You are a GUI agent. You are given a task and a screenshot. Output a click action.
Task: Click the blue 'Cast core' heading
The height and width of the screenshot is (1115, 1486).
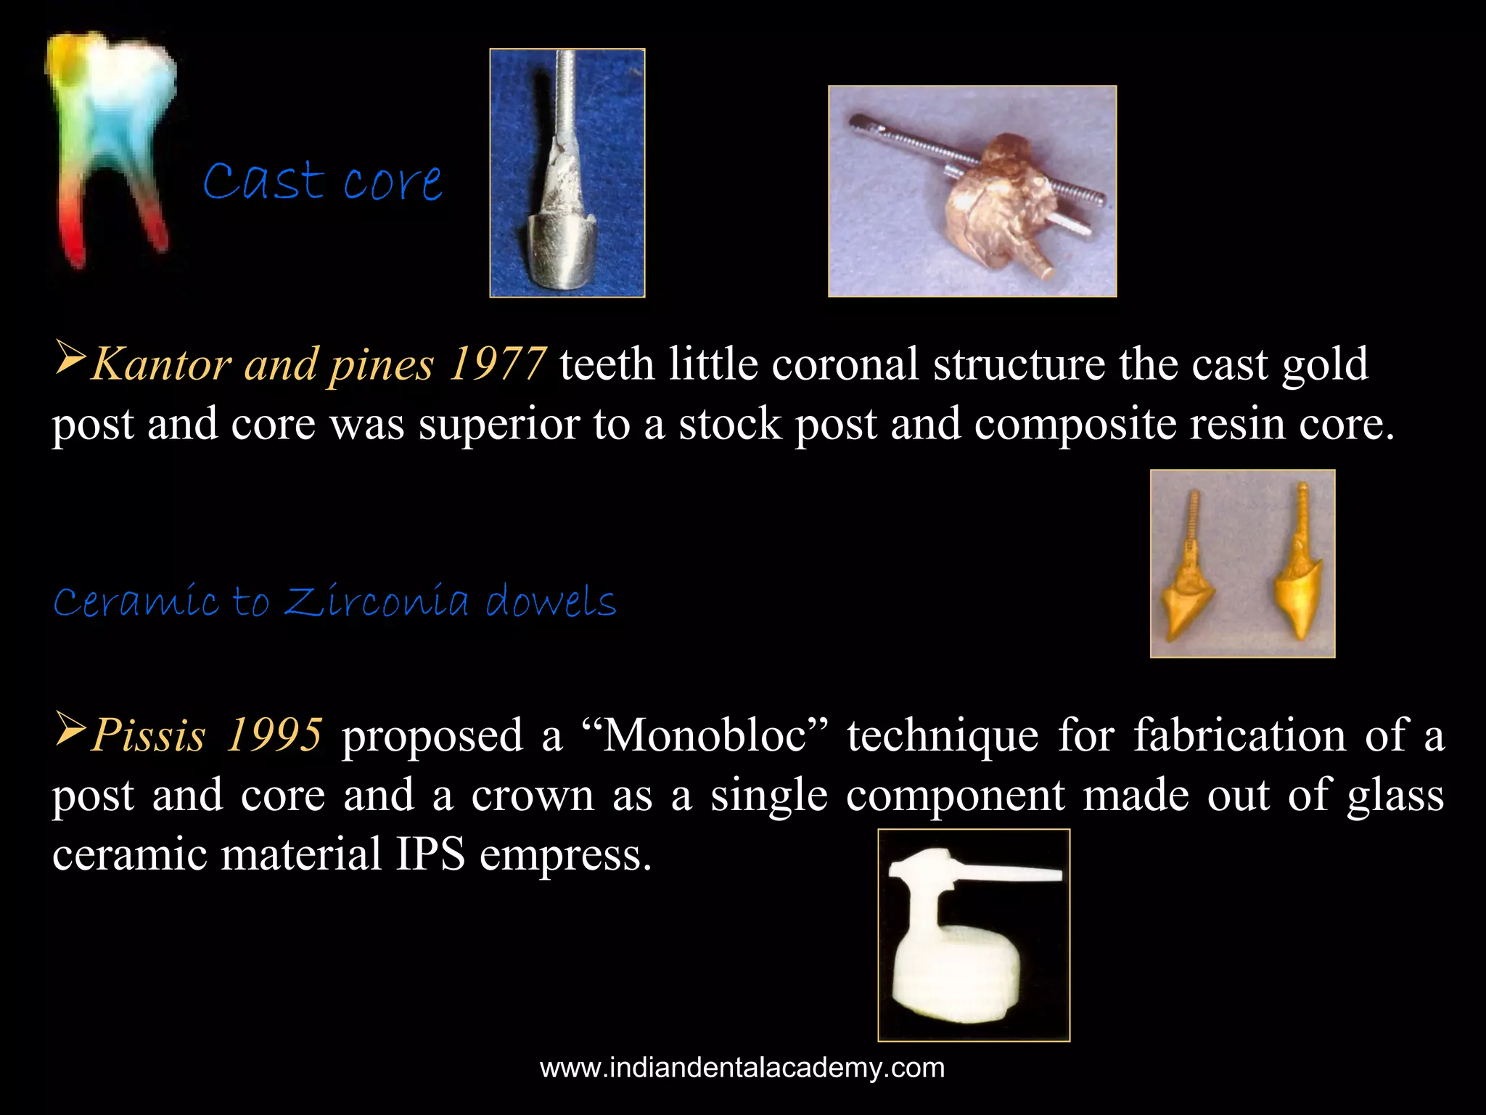(322, 181)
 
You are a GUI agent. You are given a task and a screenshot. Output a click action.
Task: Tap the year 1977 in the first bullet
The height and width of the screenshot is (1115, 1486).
(497, 364)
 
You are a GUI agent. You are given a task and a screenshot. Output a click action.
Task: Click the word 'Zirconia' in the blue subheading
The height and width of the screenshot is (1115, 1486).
(377, 601)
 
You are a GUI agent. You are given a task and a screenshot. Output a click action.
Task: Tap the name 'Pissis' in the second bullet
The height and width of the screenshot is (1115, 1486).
(149, 735)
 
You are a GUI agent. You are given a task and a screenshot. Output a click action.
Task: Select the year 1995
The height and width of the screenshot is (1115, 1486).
(274, 735)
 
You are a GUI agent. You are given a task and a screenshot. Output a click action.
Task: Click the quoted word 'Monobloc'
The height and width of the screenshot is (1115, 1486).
(705, 735)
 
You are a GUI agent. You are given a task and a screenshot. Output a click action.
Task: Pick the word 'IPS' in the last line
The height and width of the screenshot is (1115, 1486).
(430, 854)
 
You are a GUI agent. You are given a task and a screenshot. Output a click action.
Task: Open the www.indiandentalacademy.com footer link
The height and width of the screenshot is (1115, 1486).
(742, 1068)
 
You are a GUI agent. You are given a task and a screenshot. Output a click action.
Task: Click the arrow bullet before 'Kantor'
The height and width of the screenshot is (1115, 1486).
(70, 359)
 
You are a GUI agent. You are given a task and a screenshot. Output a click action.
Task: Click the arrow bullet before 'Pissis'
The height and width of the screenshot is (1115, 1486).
(70, 730)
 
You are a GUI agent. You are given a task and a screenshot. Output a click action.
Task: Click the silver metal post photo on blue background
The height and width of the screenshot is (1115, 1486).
(567, 173)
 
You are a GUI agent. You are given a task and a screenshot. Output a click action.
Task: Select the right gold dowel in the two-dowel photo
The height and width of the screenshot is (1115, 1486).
(1299, 573)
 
